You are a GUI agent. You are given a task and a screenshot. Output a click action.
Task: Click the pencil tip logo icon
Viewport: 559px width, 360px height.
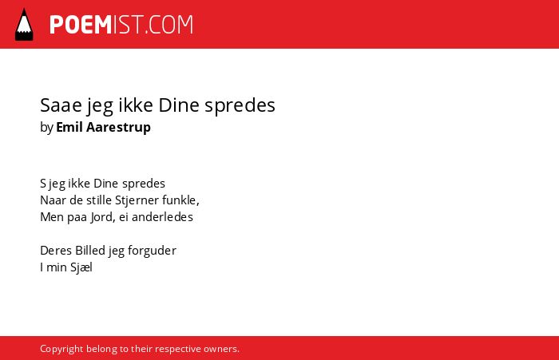click(x=24, y=25)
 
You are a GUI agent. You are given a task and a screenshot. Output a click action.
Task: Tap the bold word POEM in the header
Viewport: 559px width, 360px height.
click(x=81, y=25)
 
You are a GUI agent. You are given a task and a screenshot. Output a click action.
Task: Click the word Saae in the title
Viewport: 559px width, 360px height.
click(x=61, y=105)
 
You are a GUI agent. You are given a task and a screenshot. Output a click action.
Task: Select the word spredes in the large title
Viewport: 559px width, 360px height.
click(x=240, y=106)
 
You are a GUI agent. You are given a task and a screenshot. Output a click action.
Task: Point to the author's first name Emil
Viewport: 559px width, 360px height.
click(x=69, y=127)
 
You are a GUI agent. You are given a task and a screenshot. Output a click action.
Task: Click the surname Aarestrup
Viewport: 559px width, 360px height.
click(x=118, y=128)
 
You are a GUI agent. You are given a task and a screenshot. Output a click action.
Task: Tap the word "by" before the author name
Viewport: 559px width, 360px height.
click(x=46, y=128)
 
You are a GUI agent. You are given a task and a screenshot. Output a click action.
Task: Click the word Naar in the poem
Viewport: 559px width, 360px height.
click(x=54, y=200)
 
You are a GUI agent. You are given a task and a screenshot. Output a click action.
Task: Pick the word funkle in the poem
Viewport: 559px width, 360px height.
click(x=180, y=200)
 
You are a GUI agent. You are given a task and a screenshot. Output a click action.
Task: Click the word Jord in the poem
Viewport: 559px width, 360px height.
click(x=102, y=217)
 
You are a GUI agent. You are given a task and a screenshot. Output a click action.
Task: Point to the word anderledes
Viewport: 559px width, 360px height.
click(x=162, y=216)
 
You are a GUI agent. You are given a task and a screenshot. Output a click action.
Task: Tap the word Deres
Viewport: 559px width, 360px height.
click(x=56, y=250)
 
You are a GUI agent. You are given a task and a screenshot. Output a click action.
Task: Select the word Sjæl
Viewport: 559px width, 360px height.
click(x=81, y=267)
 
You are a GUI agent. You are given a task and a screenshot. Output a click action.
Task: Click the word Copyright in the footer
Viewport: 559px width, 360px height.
click(x=61, y=349)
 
